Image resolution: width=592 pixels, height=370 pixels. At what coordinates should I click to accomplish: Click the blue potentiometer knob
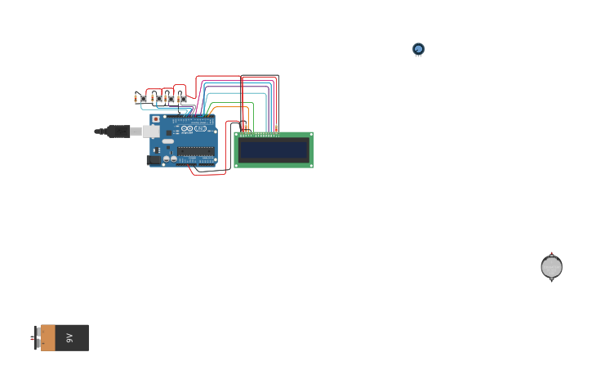(418, 49)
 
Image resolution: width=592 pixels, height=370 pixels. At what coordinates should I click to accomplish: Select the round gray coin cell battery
(551, 267)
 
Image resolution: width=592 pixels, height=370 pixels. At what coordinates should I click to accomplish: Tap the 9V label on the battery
(70, 337)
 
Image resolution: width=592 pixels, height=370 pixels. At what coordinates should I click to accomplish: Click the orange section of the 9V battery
(48, 337)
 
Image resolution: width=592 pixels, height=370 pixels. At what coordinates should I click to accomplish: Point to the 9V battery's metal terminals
(35, 337)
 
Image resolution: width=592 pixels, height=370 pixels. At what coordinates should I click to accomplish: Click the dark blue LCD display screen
(274, 149)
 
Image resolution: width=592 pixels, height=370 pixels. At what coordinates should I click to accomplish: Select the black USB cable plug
(118, 131)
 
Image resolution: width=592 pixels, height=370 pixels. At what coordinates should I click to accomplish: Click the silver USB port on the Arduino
(151, 131)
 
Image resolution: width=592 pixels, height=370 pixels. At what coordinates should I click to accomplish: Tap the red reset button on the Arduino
(156, 119)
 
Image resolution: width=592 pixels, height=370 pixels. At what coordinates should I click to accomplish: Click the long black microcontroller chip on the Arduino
(196, 151)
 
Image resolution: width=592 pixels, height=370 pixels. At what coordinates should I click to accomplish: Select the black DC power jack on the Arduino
(153, 159)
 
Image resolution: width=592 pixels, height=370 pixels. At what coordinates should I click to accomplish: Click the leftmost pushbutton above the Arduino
(144, 99)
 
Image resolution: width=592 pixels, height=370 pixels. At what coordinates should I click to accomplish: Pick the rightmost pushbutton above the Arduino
(184, 99)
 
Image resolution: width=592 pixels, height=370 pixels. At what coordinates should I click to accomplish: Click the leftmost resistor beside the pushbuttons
(136, 99)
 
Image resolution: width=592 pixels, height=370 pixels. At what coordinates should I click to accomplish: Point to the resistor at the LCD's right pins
(276, 128)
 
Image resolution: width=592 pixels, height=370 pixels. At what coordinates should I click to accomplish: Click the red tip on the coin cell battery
(551, 253)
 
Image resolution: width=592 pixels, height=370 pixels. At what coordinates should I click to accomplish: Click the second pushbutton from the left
(158, 99)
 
